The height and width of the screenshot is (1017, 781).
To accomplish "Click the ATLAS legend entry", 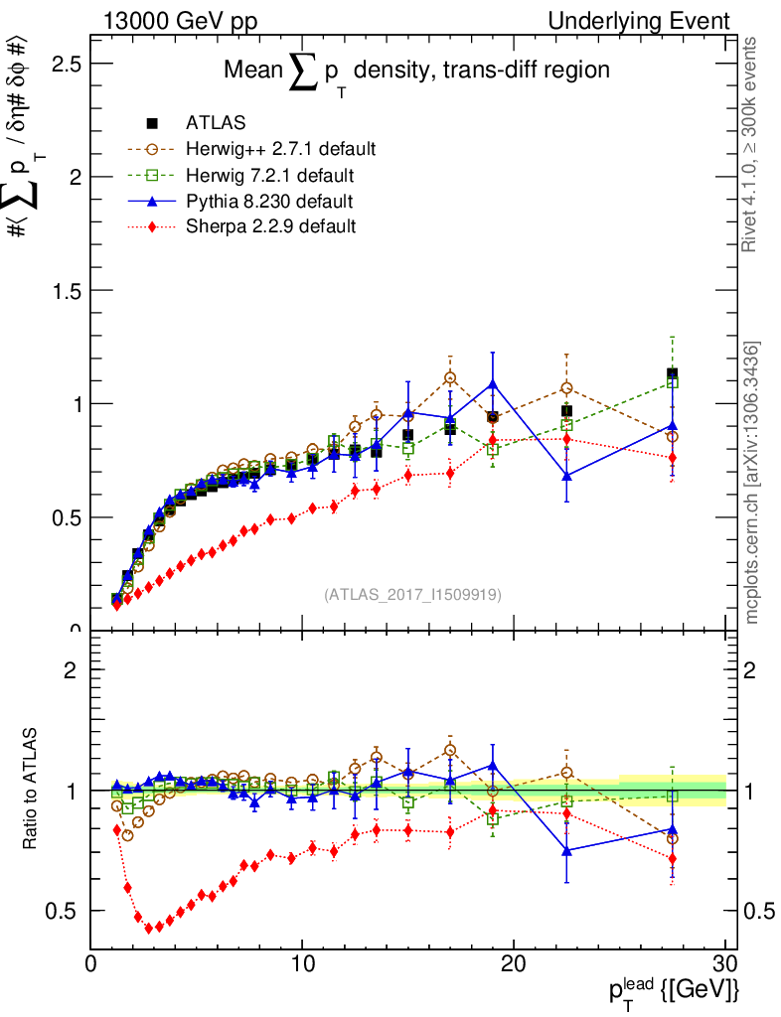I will [x=216, y=124].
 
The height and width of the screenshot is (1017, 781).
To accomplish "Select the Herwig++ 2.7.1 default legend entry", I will [x=280, y=150].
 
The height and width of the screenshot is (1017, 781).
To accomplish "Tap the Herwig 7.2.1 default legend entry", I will [x=269, y=176].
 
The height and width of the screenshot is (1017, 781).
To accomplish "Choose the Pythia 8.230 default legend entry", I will [x=269, y=202].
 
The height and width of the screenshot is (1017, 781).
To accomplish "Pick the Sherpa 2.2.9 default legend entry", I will [x=270, y=226].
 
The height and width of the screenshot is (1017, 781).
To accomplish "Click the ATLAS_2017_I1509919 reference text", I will [x=412, y=595].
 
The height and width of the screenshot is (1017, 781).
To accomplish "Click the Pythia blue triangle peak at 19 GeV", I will [x=493, y=383].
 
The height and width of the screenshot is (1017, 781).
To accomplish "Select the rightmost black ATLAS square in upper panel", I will [x=673, y=374].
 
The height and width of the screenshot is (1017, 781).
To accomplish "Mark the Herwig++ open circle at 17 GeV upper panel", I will [x=450, y=377].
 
